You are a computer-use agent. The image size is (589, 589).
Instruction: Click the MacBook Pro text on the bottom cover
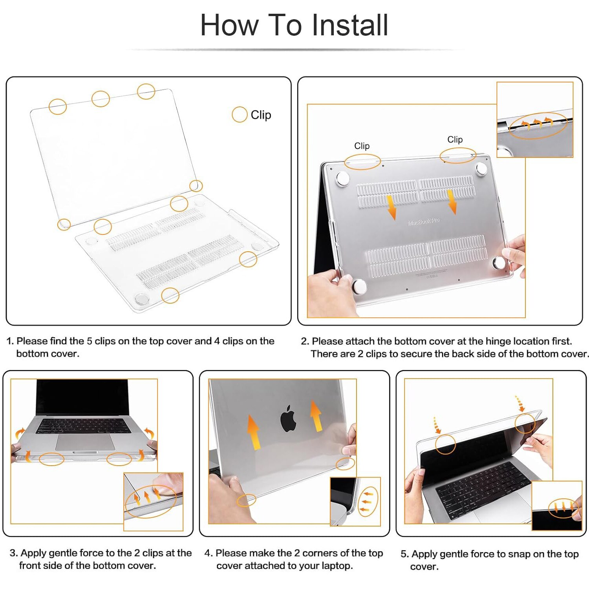(x=424, y=221)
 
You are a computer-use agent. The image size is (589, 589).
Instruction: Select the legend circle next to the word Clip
(x=240, y=115)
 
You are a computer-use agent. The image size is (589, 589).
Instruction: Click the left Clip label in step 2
(x=362, y=146)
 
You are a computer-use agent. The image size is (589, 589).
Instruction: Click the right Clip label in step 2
(x=455, y=139)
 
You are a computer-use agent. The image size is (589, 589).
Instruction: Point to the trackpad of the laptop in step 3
(x=85, y=443)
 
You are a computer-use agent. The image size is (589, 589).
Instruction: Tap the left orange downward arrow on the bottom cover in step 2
(x=391, y=207)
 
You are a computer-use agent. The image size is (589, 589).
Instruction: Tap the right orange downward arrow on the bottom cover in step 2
(x=452, y=202)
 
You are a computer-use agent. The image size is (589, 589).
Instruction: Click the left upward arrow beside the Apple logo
(x=254, y=432)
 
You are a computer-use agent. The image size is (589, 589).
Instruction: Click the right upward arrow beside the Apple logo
(x=316, y=415)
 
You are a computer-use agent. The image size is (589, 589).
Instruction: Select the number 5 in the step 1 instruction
(x=90, y=341)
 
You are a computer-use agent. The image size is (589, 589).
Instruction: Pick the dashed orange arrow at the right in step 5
(x=520, y=404)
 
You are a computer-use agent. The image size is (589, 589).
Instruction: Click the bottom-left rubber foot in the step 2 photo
(x=359, y=287)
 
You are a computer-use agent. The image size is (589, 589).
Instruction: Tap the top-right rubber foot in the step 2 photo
(x=481, y=169)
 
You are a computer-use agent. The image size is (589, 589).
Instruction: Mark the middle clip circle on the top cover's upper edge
(x=101, y=99)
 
